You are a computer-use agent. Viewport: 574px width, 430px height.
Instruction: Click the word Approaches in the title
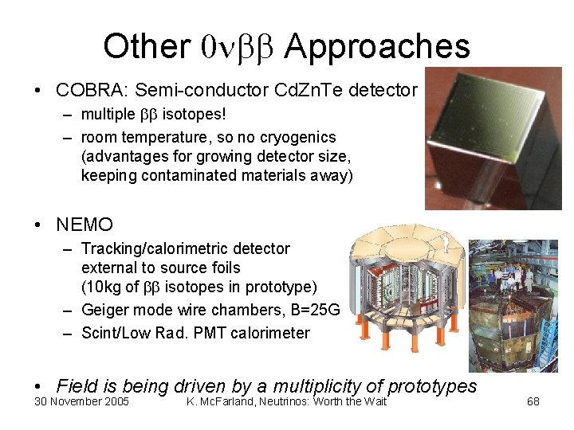[x=376, y=46]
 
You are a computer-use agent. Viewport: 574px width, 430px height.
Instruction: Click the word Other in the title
[x=146, y=46]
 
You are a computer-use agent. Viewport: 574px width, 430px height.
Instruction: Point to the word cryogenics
[x=299, y=137]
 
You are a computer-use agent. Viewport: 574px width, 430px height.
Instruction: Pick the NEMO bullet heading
[x=85, y=225]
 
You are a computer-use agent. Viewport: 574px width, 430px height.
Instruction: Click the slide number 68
[x=533, y=401]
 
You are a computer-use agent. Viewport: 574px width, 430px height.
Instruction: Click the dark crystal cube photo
[x=492, y=137]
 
